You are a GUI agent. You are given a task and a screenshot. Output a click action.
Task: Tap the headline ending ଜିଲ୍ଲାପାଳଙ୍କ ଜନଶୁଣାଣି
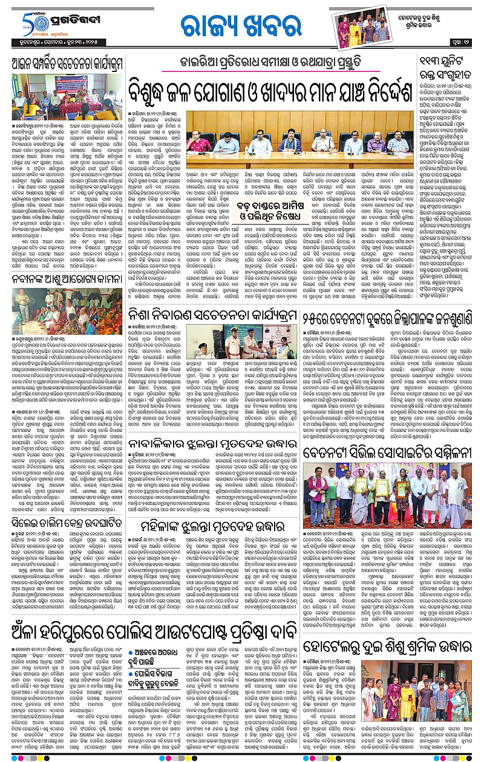click(398, 313)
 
